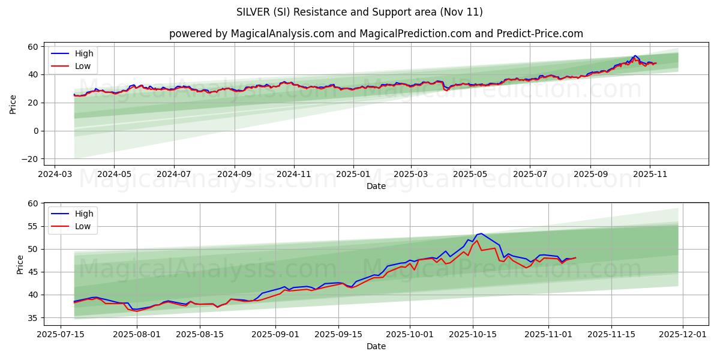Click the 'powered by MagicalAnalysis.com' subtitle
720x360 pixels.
click(x=376, y=34)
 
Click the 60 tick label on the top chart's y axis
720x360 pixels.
click(x=33, y=47)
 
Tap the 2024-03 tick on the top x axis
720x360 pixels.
click(x=55, y=174)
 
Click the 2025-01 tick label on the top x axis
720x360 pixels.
click(x=353, y=174)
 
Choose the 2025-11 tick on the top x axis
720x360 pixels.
click(x=650, y=174)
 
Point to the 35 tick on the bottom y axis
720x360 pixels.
click(x=33, y=318)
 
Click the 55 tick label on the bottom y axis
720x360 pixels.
click(x=33, y=226)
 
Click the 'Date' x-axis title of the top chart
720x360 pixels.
click(x=376, y=186)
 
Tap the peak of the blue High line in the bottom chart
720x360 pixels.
click(x=481, y=233)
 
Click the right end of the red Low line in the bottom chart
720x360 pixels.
click(x=575, y=258)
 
